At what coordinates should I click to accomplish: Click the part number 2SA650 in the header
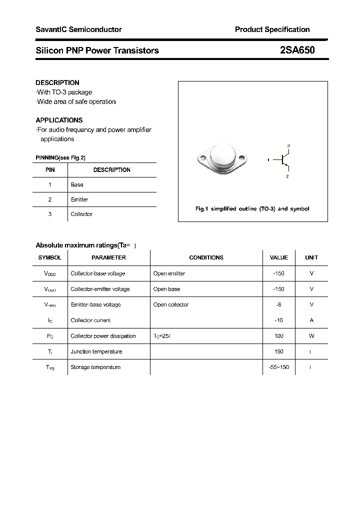(297, 50)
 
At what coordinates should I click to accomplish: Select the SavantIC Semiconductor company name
(78, 29)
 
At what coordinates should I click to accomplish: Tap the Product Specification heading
(272, 29)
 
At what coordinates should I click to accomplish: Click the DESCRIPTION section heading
(57, 82)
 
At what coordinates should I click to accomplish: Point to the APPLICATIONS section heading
(59, 120)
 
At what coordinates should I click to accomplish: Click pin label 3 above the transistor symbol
(288, 145)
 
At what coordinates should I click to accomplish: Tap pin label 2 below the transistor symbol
(287, 176)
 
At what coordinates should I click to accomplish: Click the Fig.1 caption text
(252, 208)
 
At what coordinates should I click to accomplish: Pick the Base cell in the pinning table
(77, 184)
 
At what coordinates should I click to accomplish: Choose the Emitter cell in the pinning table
(79, 199)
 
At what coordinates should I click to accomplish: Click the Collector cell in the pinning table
(81, 214)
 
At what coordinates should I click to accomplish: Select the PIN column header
(50, 170)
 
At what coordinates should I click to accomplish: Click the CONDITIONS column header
(206, 257)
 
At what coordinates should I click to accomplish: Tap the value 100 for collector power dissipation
(278, 336)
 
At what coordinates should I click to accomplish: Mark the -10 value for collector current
(278, 320)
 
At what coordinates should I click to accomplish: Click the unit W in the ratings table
(311, 336)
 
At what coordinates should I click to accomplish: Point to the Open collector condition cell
(171, 304)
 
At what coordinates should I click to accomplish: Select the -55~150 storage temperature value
(278, 367)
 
